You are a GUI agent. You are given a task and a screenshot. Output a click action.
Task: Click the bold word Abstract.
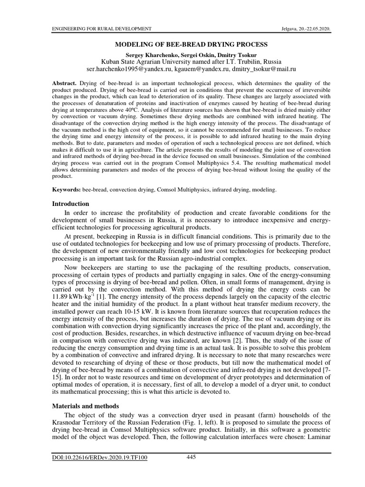click(64, 83)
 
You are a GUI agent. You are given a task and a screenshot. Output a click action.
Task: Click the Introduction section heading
click(70, 204)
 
